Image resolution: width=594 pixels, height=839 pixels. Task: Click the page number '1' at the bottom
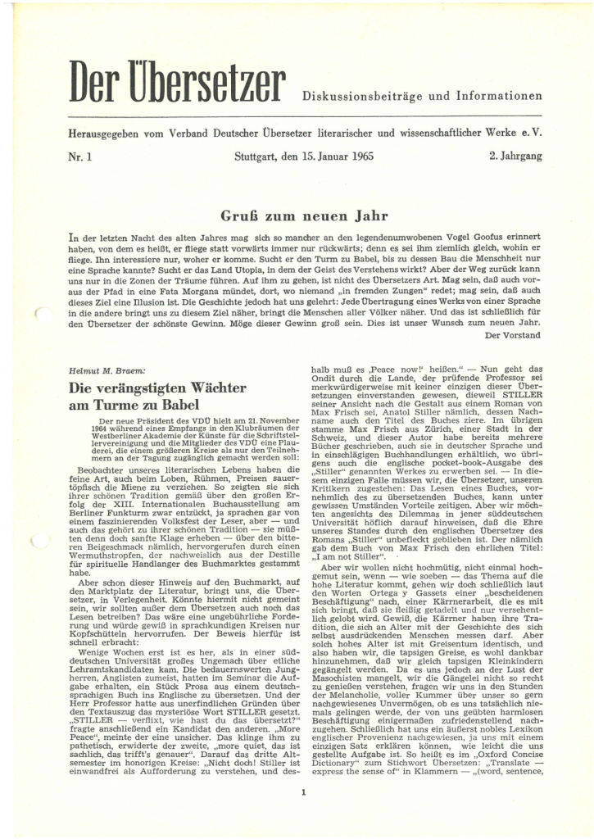click(303, 793)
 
